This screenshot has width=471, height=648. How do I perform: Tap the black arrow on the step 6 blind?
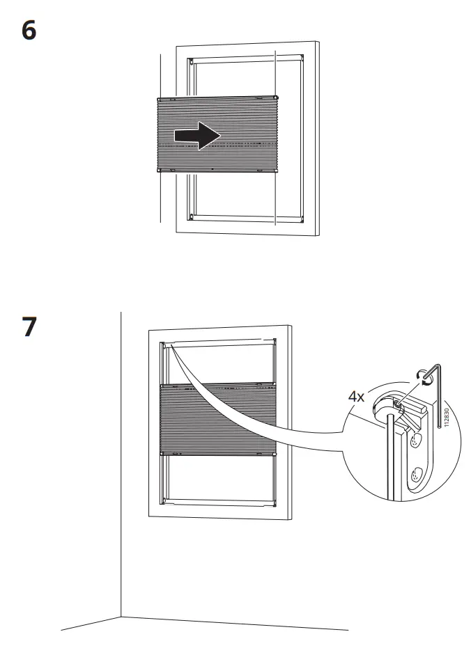pos(197,135)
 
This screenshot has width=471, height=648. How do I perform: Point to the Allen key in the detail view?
pos(436,397)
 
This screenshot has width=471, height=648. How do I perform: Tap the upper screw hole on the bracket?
pos(416,440)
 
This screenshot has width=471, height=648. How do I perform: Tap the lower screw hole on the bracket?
pos(417,475)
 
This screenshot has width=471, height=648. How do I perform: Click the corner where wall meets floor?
pos(122,615)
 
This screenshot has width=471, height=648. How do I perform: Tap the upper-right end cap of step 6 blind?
pos(277,97)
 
